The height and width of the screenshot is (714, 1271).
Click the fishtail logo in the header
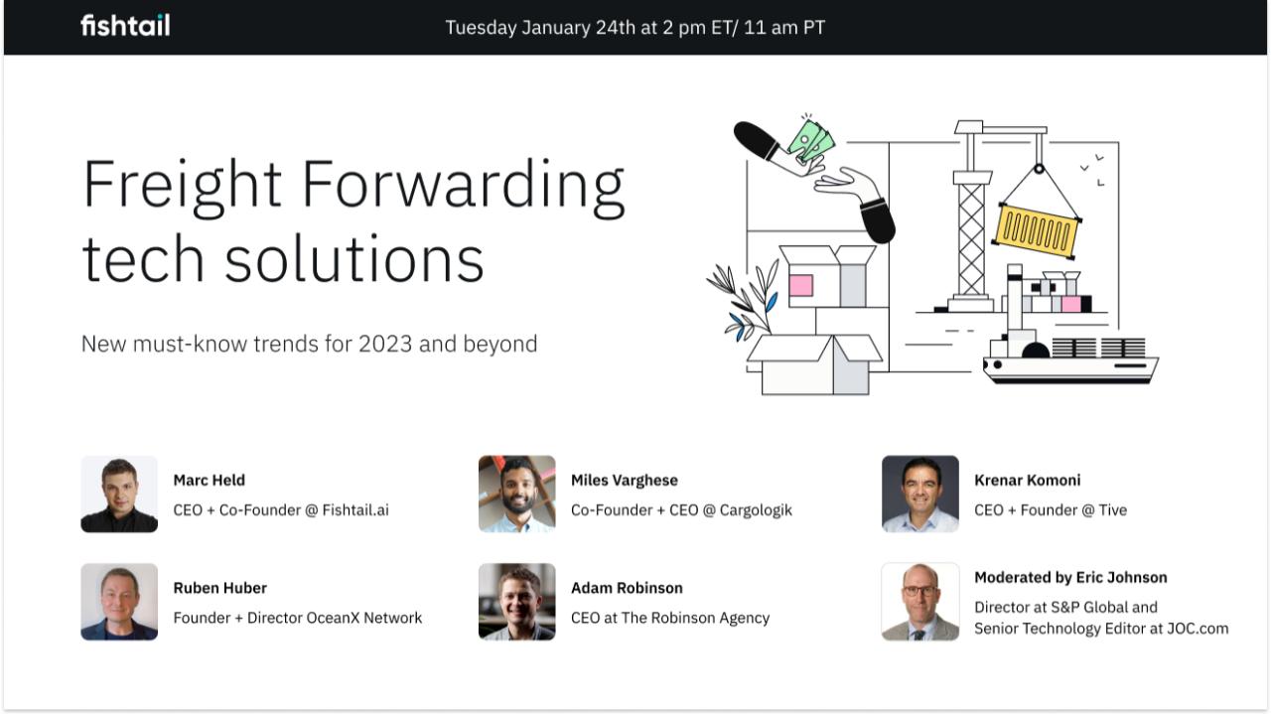click(x=125, y=26)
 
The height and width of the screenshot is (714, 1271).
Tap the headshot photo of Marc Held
click(x=119, y=495)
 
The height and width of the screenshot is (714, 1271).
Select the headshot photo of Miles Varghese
click(x=516, y=495)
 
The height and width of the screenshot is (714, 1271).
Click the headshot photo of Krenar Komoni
click(x=919, y=495)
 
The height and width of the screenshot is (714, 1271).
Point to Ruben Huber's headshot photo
click(x=119, y=602)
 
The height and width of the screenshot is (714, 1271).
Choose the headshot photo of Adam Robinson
click(x=516, y=602)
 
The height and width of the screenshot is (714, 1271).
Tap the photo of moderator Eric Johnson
click(x=919, y=602)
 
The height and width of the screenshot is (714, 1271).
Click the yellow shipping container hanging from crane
click(x=1036, y=230)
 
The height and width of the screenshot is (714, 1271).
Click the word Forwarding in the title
click(x=463, y=186)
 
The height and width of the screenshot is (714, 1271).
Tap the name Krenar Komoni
click(x=1027, y=480)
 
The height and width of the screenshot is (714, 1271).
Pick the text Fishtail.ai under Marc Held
click(x=355, y=509)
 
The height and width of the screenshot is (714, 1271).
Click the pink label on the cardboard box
click(x=800, y=286)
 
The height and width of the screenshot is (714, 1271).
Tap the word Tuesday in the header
click(x=481, y=28)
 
